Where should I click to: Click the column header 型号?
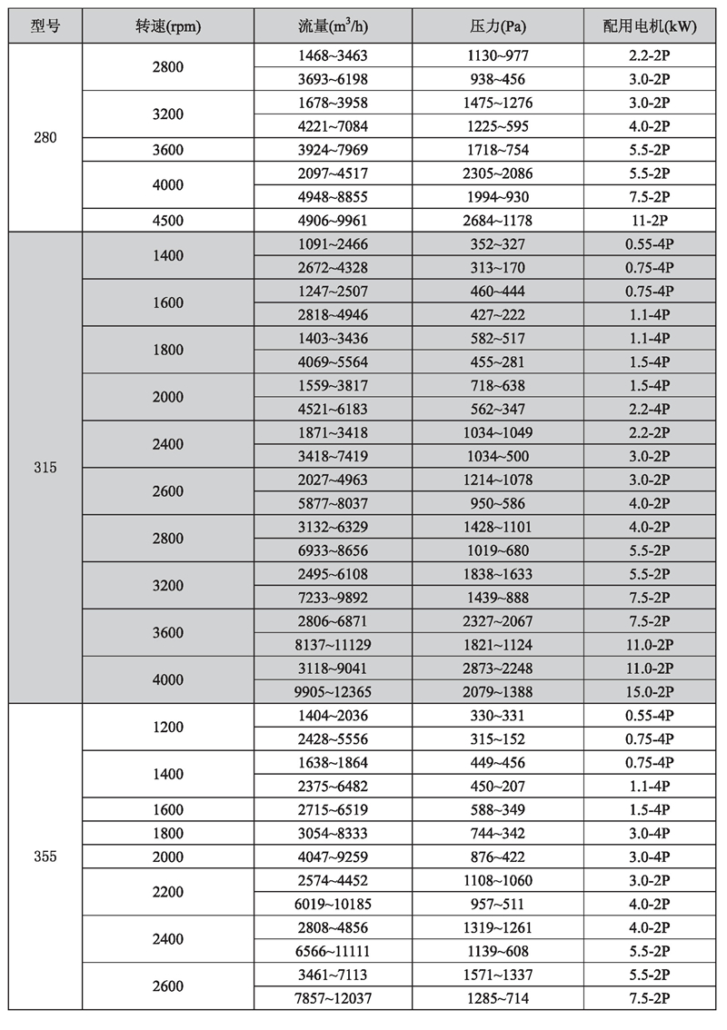[45, 26]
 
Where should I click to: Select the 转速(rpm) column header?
[168, 26]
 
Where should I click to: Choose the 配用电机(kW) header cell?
[649, 26]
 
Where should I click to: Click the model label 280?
[45, 138]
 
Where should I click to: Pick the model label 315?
[45, 468]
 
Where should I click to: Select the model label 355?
[45, 857]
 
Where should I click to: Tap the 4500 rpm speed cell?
[168, 220]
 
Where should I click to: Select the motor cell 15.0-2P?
[649, 691]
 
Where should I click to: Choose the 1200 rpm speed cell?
[168, 727]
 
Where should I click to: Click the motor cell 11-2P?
[649, 220]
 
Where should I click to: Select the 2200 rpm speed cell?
[168, 892]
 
